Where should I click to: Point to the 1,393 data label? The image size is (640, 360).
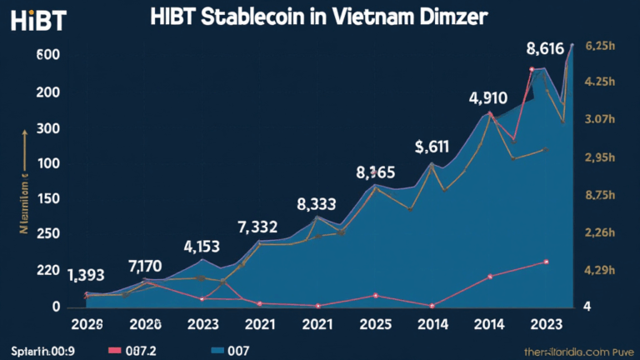(x=87, y=276)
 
